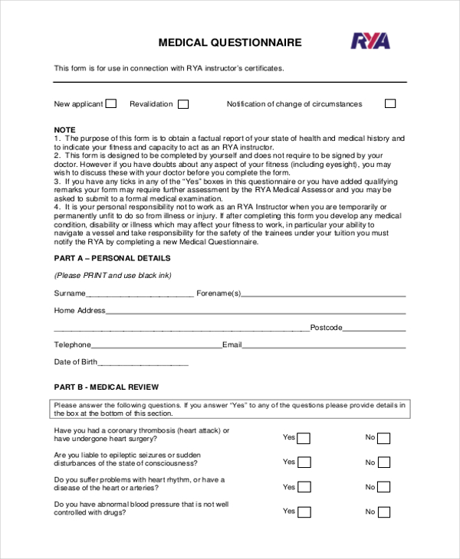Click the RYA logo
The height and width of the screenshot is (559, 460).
click(x=370, y=41)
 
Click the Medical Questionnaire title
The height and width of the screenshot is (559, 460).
click(x=229, y=43)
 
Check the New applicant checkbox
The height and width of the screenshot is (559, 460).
click(x=111, y=104)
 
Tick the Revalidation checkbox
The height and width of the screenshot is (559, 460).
click(x=182, y=104)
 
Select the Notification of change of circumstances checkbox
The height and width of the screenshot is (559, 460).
click(x=390, y=104)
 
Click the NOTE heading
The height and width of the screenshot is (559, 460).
click(x=64, y=129)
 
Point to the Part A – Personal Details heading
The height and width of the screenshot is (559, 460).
click(x=112, y=258)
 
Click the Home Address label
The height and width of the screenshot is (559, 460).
click(x=79, y=310)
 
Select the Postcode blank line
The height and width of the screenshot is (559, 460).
click(x=374, y=329)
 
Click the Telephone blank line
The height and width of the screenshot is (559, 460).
click(x=156, y=345)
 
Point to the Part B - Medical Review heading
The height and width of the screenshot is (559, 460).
click(x=107, y=387)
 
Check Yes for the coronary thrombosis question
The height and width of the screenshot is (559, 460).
click(x=304, y=438)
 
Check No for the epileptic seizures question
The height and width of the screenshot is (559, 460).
click(x=384, y=463)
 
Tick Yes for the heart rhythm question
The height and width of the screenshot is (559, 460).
click(x=304, y=487)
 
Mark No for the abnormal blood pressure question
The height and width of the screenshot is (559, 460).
click(x=384, y=512)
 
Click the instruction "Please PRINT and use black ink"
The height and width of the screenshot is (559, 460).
click(x=113, y=275)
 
